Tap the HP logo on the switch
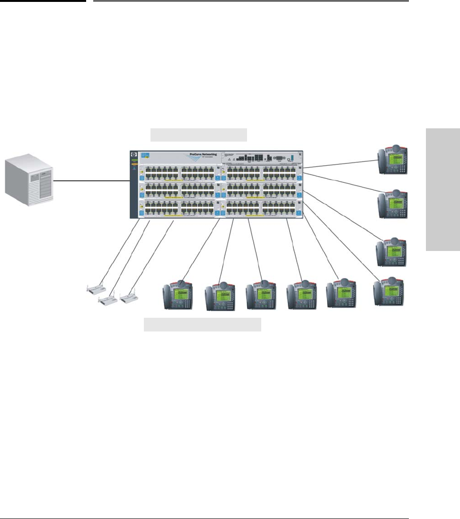tap(133, 155)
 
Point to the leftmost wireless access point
tap(97, 288)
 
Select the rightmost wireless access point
tap(131, 297)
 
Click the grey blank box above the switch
tap(199, 134)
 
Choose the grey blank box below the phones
tap(203, 325)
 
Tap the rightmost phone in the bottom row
tap(389, 292)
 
